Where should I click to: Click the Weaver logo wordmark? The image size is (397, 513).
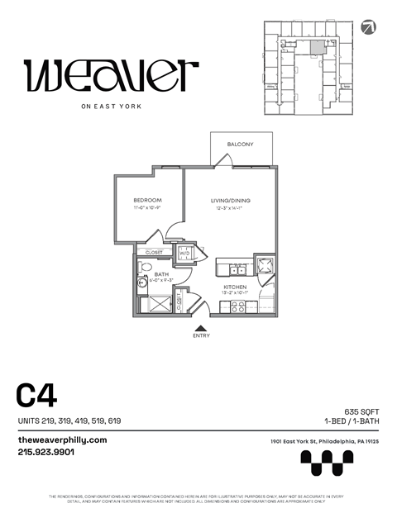112,76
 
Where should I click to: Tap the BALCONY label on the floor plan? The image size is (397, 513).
241,145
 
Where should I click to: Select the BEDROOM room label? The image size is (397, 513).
147,201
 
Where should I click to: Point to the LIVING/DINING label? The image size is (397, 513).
230,201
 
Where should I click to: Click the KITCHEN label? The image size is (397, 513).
235,285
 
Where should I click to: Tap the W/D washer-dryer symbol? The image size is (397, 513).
185,254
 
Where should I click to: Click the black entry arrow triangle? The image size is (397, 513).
200,328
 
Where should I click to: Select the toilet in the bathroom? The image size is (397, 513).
143,268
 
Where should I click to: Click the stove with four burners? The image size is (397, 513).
235,306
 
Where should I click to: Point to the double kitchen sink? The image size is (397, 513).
237,268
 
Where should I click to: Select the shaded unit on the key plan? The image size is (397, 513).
318,47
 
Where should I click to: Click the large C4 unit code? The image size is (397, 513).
36,396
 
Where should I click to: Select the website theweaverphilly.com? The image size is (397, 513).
63,439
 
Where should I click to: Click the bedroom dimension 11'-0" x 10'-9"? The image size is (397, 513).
147,209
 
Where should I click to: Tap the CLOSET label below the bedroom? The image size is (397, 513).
155,252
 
